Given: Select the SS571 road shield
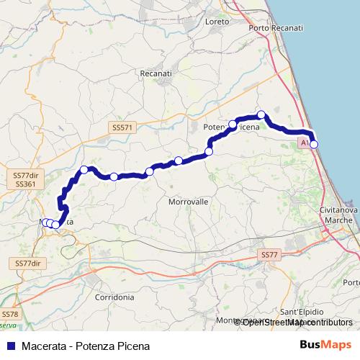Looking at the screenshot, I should (122, 127).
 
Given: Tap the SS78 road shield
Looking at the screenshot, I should (9, 315).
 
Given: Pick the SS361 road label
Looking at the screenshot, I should (24, 184).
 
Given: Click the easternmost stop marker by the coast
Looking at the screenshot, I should (313, 145).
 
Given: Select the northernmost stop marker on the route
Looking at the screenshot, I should (262, 114).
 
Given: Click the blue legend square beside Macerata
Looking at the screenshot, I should (8, 346).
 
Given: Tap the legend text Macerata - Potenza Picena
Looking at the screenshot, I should (86, 346).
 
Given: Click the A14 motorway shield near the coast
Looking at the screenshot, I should (305, 144).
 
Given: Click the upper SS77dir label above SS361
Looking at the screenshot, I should (26, 175).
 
